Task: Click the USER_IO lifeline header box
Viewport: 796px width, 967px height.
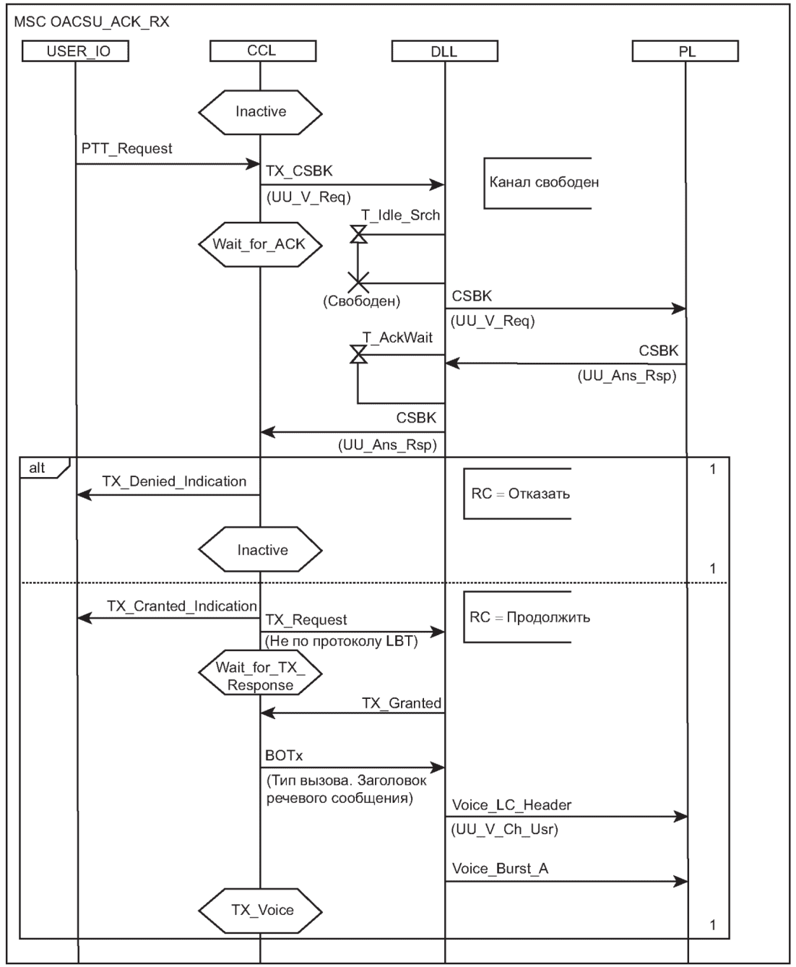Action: tap(76, 51)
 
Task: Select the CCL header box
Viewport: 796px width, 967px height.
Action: tap(261, 51)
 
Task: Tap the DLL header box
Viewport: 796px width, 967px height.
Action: tap(444, 51)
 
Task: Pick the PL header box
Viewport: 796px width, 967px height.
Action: tap(685, 51)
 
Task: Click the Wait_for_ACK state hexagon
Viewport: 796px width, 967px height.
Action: tap(260, 244)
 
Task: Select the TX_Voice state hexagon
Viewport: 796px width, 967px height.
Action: tap(261, 910)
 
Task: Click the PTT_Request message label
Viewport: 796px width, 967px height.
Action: tap(126, 149)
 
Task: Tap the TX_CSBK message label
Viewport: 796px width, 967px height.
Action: tap(299, 171)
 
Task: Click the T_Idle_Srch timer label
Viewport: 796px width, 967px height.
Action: tap(400, 215)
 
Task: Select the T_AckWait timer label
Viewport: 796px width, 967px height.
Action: tap(397, 337)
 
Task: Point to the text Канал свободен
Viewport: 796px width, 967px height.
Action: tap(544, 182)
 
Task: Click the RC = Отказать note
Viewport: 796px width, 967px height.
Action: tap(520, 494)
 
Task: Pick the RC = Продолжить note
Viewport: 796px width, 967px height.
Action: tap(529, 617)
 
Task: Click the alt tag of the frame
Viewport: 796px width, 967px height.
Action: tap(38, 468)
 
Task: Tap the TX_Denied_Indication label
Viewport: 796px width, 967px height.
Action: tap(174, 481)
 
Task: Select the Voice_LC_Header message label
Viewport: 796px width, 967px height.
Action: tap(512, 804)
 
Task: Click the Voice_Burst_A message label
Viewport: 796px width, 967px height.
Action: tap(500, 868)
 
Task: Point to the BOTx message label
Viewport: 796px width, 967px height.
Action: tap(284, 756)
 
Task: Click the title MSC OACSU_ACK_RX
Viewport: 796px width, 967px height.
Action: tap(92, 22)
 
